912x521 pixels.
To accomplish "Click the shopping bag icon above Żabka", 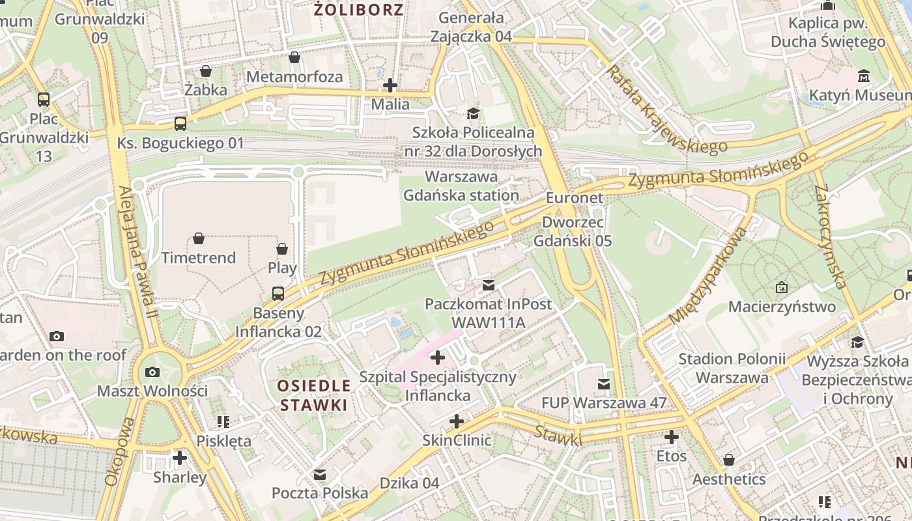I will [x=206, y=70].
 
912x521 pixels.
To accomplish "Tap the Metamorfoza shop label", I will [x=294, y=77].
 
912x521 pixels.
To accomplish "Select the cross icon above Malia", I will [x=390, y=85].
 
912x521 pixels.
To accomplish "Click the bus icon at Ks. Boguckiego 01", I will [x=180, y=123].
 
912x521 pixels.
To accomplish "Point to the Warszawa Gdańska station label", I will [x=461, y=186].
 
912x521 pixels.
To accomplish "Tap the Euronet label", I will [x=575, y=198].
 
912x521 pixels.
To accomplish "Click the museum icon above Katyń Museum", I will [x=864, y=76].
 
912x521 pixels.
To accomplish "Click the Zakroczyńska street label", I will [x=830, y=236].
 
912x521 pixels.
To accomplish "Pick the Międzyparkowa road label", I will [x=709, y=275].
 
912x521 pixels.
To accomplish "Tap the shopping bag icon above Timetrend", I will [x=199, y=239].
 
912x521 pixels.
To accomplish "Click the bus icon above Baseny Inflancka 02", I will [x=278, y=293].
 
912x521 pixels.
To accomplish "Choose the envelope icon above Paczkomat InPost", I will [x=488, y=285].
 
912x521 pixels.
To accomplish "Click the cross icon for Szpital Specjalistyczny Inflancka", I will [x=438, y=357].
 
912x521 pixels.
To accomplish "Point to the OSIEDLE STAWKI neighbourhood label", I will [x=314, y=395].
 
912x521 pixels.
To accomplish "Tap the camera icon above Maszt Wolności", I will [x=152, y=372].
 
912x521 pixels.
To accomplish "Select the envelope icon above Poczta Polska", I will [x=319, y=474].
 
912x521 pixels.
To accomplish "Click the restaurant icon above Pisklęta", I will [x=223, y=422].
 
